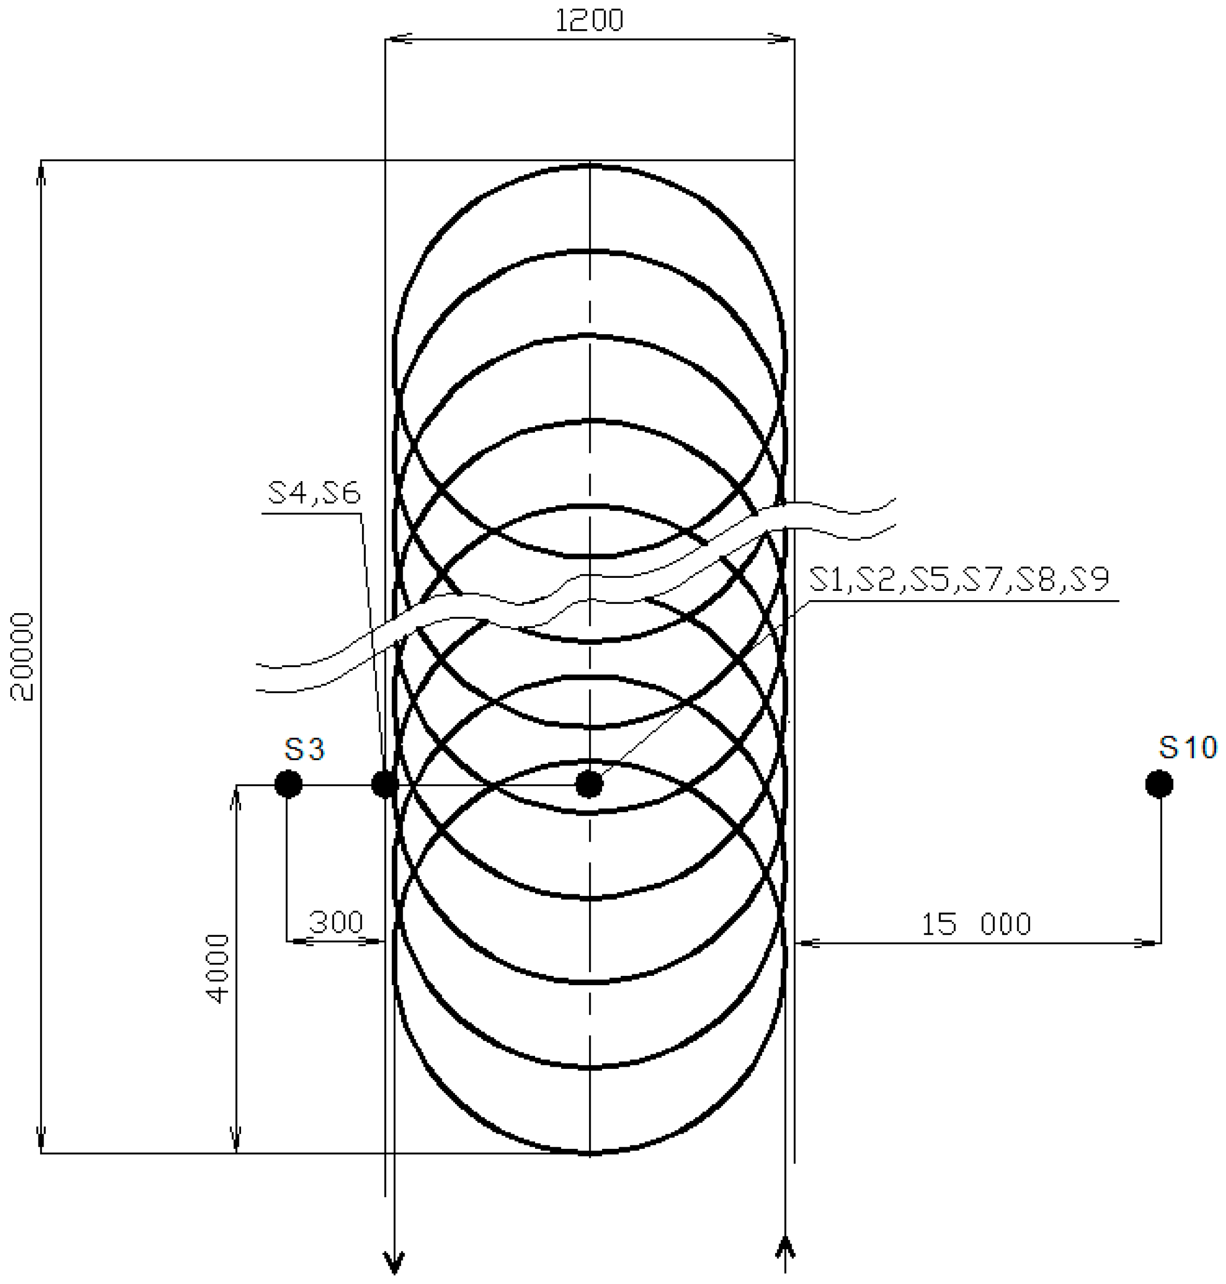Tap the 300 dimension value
click(x=335, y=922)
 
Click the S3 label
click(x=304, y=749)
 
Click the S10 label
click(x=1188, y=747)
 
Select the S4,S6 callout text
click(x=314, y=493)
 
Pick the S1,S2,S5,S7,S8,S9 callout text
click(x=960, y=579)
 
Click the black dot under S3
click(x=288, y=784)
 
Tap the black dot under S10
click(x=1160, y=784)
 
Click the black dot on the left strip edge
click(x=384, y=784)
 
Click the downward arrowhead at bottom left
click(x=394, y=1264)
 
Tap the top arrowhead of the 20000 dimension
click(x=41, y=173)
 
